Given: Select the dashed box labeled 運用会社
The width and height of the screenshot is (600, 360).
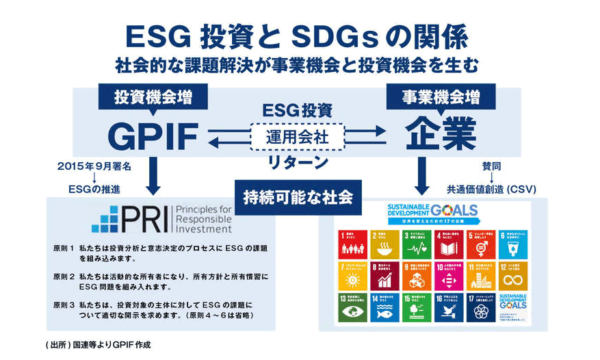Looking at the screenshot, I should click(x=298, y=136).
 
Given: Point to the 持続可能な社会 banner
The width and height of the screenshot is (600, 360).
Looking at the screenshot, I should click(x=298, y=197).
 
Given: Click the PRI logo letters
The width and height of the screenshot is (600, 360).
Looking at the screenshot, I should click(x=131, y=219).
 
